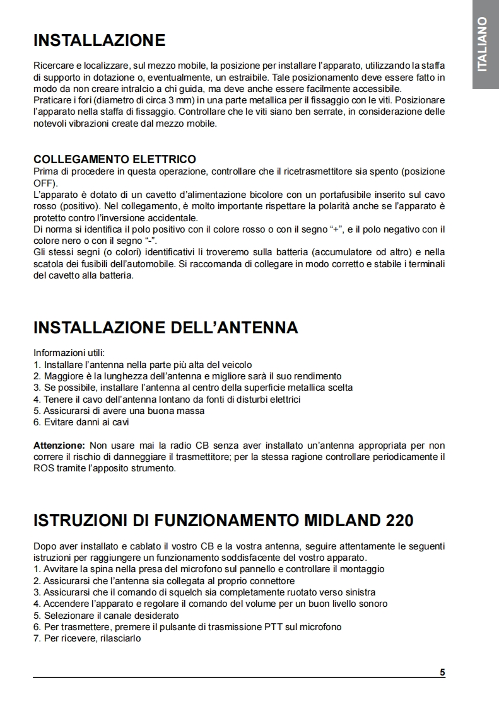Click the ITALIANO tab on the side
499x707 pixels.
pyautogui.click(x=483, y=44)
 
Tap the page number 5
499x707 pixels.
pyautogui.click(x=442, y=672)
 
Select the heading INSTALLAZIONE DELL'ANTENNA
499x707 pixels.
pyautogui.click(x=165, y=328)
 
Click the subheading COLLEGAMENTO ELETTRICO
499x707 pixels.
pyautogui.click(x=114, y=159)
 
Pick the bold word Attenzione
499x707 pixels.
pyautogui.click(x=58, y=445)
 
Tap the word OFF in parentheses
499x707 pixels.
pyautogui.click(x=44, y=183)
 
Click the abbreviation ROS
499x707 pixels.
pyautogui.click(x=43, y=468)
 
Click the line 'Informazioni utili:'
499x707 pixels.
pyautogui.click(x=69, y=353)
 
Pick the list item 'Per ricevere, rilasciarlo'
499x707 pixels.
pyautogui.click(x=87, y=638)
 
